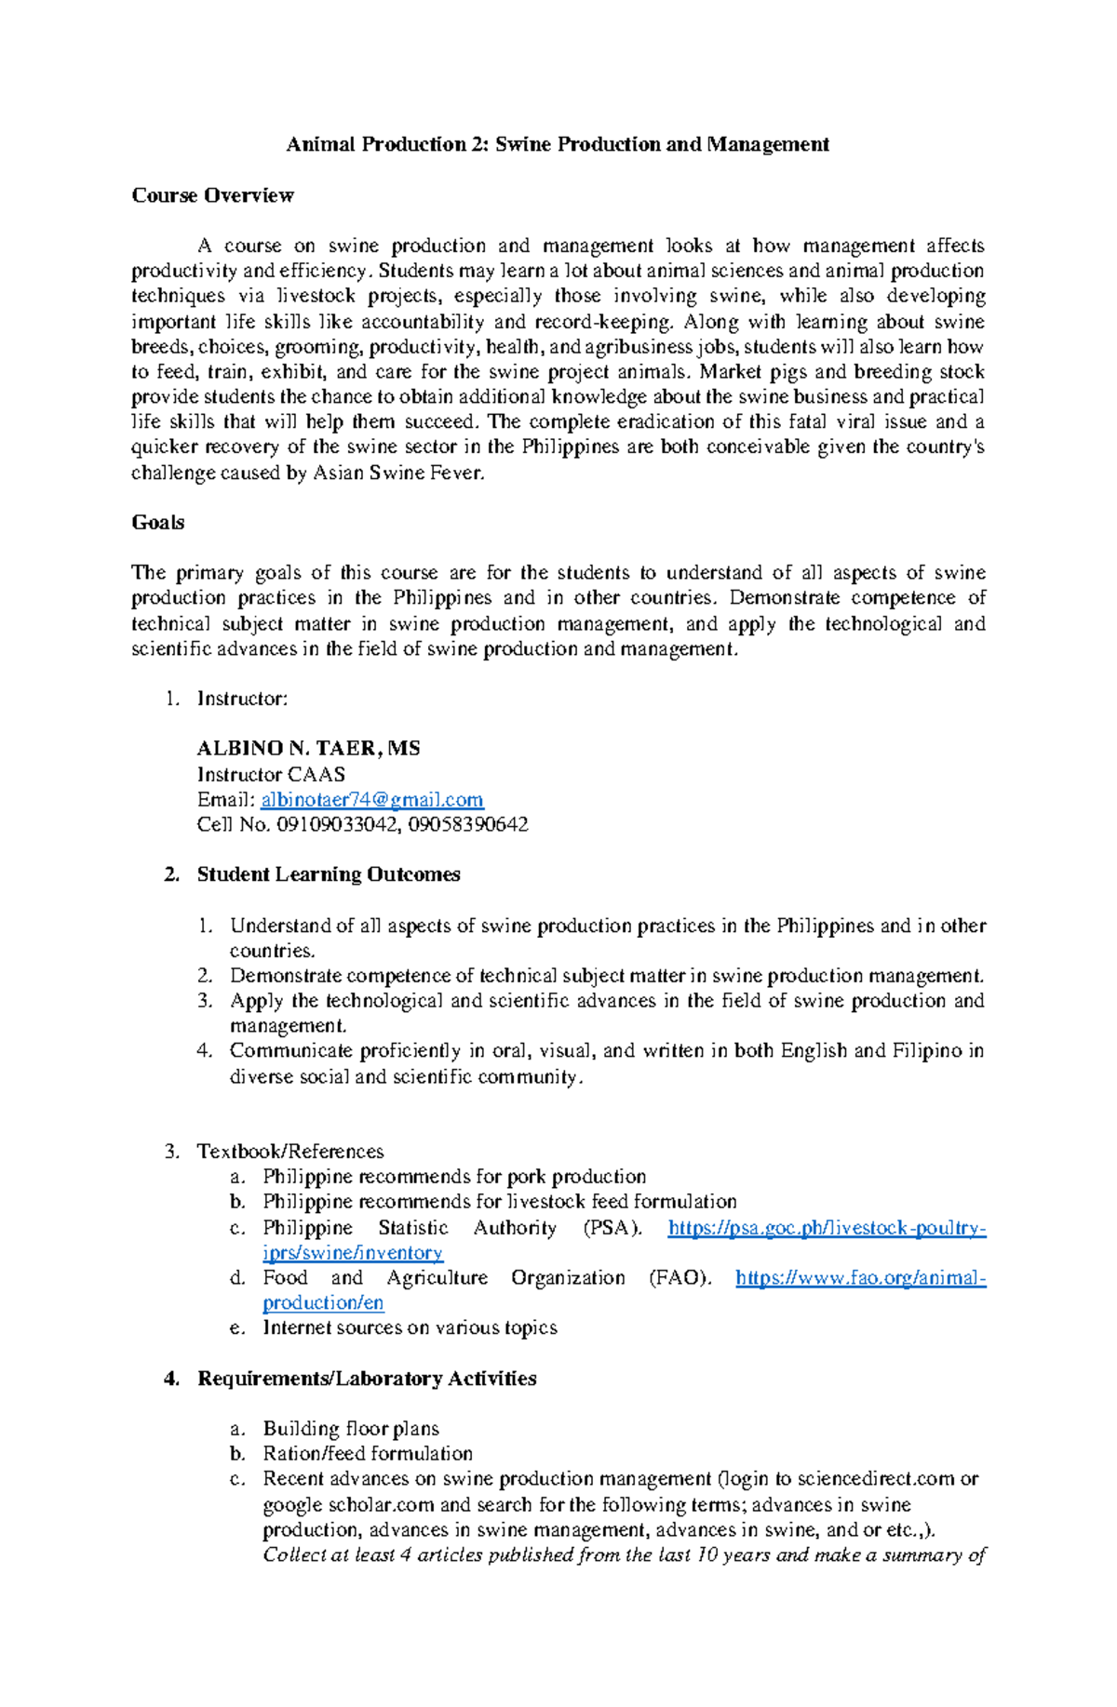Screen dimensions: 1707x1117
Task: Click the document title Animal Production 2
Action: point(557,144)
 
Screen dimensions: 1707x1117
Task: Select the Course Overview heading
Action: point(212,195)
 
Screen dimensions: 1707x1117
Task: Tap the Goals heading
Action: point(158,522)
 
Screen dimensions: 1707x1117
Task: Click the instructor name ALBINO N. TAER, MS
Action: point(308,748)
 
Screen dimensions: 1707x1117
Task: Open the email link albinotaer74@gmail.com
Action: point(372,800)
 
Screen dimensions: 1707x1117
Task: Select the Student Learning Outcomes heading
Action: point(329,874)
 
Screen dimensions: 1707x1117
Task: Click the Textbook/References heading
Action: point(290,1152)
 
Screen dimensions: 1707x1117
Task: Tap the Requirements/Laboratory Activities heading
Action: point(367,1379)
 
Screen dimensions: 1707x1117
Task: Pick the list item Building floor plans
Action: point(351,1429)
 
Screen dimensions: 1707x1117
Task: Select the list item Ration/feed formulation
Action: point(368,1454)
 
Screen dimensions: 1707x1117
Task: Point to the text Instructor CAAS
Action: point(271,774)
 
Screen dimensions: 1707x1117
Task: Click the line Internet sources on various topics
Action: point(410,1327)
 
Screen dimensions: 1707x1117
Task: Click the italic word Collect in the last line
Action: point(294,1554)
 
